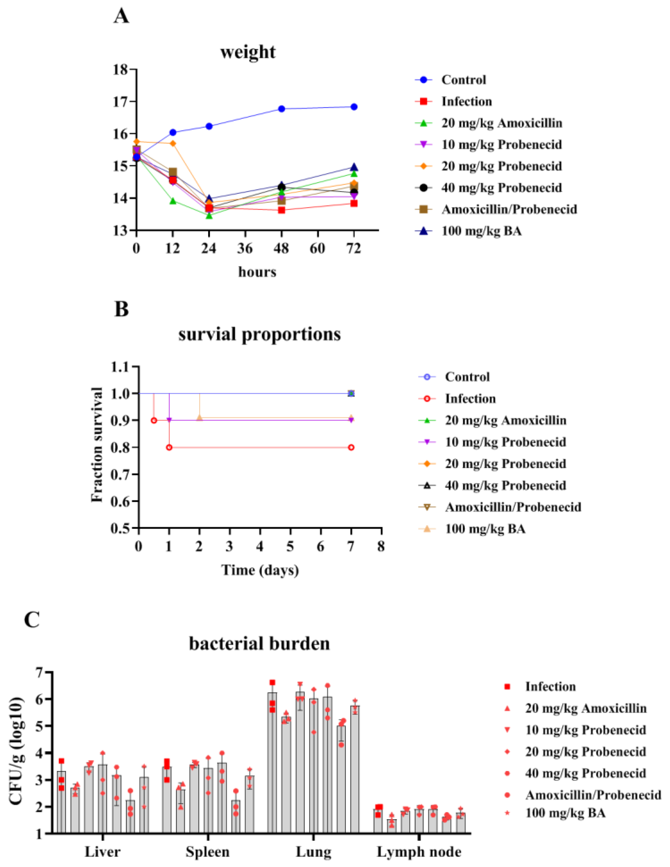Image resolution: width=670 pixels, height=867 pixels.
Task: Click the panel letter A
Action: click(121, 17)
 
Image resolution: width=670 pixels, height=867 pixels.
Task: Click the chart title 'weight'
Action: click(248, 52)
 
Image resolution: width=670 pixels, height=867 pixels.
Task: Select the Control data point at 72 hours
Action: click(354, 107)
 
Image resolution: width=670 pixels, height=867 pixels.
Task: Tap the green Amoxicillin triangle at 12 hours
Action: click(173, 201)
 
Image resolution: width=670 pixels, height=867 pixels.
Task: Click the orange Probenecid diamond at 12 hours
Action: click(173, 143)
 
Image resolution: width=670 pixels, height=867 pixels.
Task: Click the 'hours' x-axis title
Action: click(257, 272)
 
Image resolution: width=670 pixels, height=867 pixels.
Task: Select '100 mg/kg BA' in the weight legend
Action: click(482, 231)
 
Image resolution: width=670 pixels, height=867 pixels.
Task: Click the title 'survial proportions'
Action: click(259, 334)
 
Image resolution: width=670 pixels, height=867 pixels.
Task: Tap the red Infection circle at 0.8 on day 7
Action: click(351, 447)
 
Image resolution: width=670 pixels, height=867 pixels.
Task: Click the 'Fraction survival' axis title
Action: click(97, 445)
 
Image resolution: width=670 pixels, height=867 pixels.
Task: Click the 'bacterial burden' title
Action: click(259, 643)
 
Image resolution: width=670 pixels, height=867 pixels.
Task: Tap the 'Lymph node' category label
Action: click(419, 852)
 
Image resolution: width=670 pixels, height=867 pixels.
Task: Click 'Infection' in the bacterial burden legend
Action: click(550, 687)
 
